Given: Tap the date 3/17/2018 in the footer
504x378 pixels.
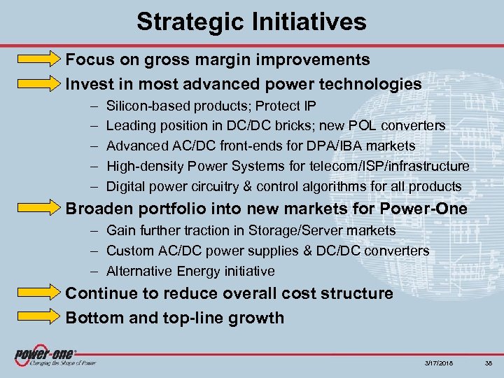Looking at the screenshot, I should point(439,362).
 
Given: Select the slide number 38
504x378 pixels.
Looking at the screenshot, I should point(490,362).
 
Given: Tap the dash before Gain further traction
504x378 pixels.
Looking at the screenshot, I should point(94,230).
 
